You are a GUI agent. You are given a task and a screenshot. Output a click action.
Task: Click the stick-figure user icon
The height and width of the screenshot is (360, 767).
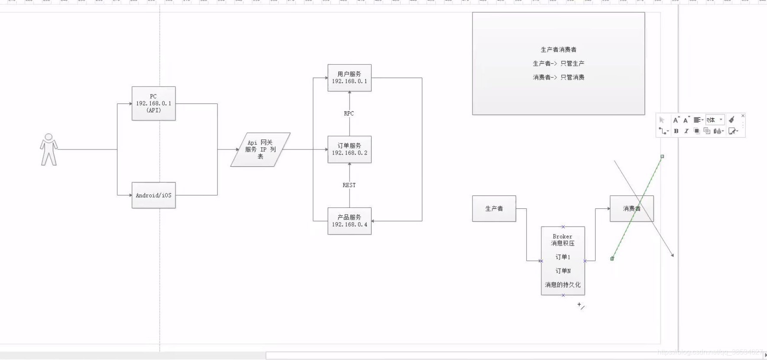(49, 149)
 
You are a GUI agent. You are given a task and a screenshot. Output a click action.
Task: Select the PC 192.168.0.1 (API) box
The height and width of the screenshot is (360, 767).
(154, 104)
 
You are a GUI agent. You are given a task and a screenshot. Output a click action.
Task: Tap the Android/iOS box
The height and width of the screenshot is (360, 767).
(154, 195)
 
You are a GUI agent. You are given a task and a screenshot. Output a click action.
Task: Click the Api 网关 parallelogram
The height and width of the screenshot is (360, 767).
(260, 149)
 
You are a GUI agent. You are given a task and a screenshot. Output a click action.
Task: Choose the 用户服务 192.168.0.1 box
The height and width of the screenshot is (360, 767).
(350, 78)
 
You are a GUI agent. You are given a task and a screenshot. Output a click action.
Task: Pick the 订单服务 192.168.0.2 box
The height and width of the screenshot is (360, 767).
(350, 149)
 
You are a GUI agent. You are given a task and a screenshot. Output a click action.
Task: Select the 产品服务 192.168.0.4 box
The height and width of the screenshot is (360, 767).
(350, 221)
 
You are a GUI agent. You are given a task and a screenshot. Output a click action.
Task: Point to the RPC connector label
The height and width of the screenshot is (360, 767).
(349, 114)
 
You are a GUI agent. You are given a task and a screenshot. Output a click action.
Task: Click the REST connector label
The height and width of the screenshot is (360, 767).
(349, 185)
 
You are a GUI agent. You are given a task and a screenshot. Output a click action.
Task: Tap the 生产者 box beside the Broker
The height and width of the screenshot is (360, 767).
(494, 209)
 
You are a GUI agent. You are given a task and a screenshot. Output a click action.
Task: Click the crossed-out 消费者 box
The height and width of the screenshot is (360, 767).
(632, 209)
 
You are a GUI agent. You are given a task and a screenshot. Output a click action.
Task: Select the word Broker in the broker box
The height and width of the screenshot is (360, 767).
(563, 237)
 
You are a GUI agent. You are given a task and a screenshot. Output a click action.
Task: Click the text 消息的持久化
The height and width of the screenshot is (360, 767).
(563, 285)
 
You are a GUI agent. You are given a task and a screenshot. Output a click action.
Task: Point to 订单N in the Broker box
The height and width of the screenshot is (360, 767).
(563, 271)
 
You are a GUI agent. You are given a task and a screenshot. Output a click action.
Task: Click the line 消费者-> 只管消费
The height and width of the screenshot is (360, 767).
(559, 77)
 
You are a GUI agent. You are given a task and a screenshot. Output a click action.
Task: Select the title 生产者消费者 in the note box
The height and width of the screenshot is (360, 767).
(559, 50)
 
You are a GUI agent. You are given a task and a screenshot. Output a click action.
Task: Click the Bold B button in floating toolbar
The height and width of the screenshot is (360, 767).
(676, 131)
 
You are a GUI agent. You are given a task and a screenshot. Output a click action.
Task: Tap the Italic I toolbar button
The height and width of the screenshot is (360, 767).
(686, 131)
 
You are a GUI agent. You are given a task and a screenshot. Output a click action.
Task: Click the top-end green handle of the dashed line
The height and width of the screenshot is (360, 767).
(662, 156)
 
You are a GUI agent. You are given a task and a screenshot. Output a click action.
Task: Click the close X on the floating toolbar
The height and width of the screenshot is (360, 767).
(743, 116)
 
